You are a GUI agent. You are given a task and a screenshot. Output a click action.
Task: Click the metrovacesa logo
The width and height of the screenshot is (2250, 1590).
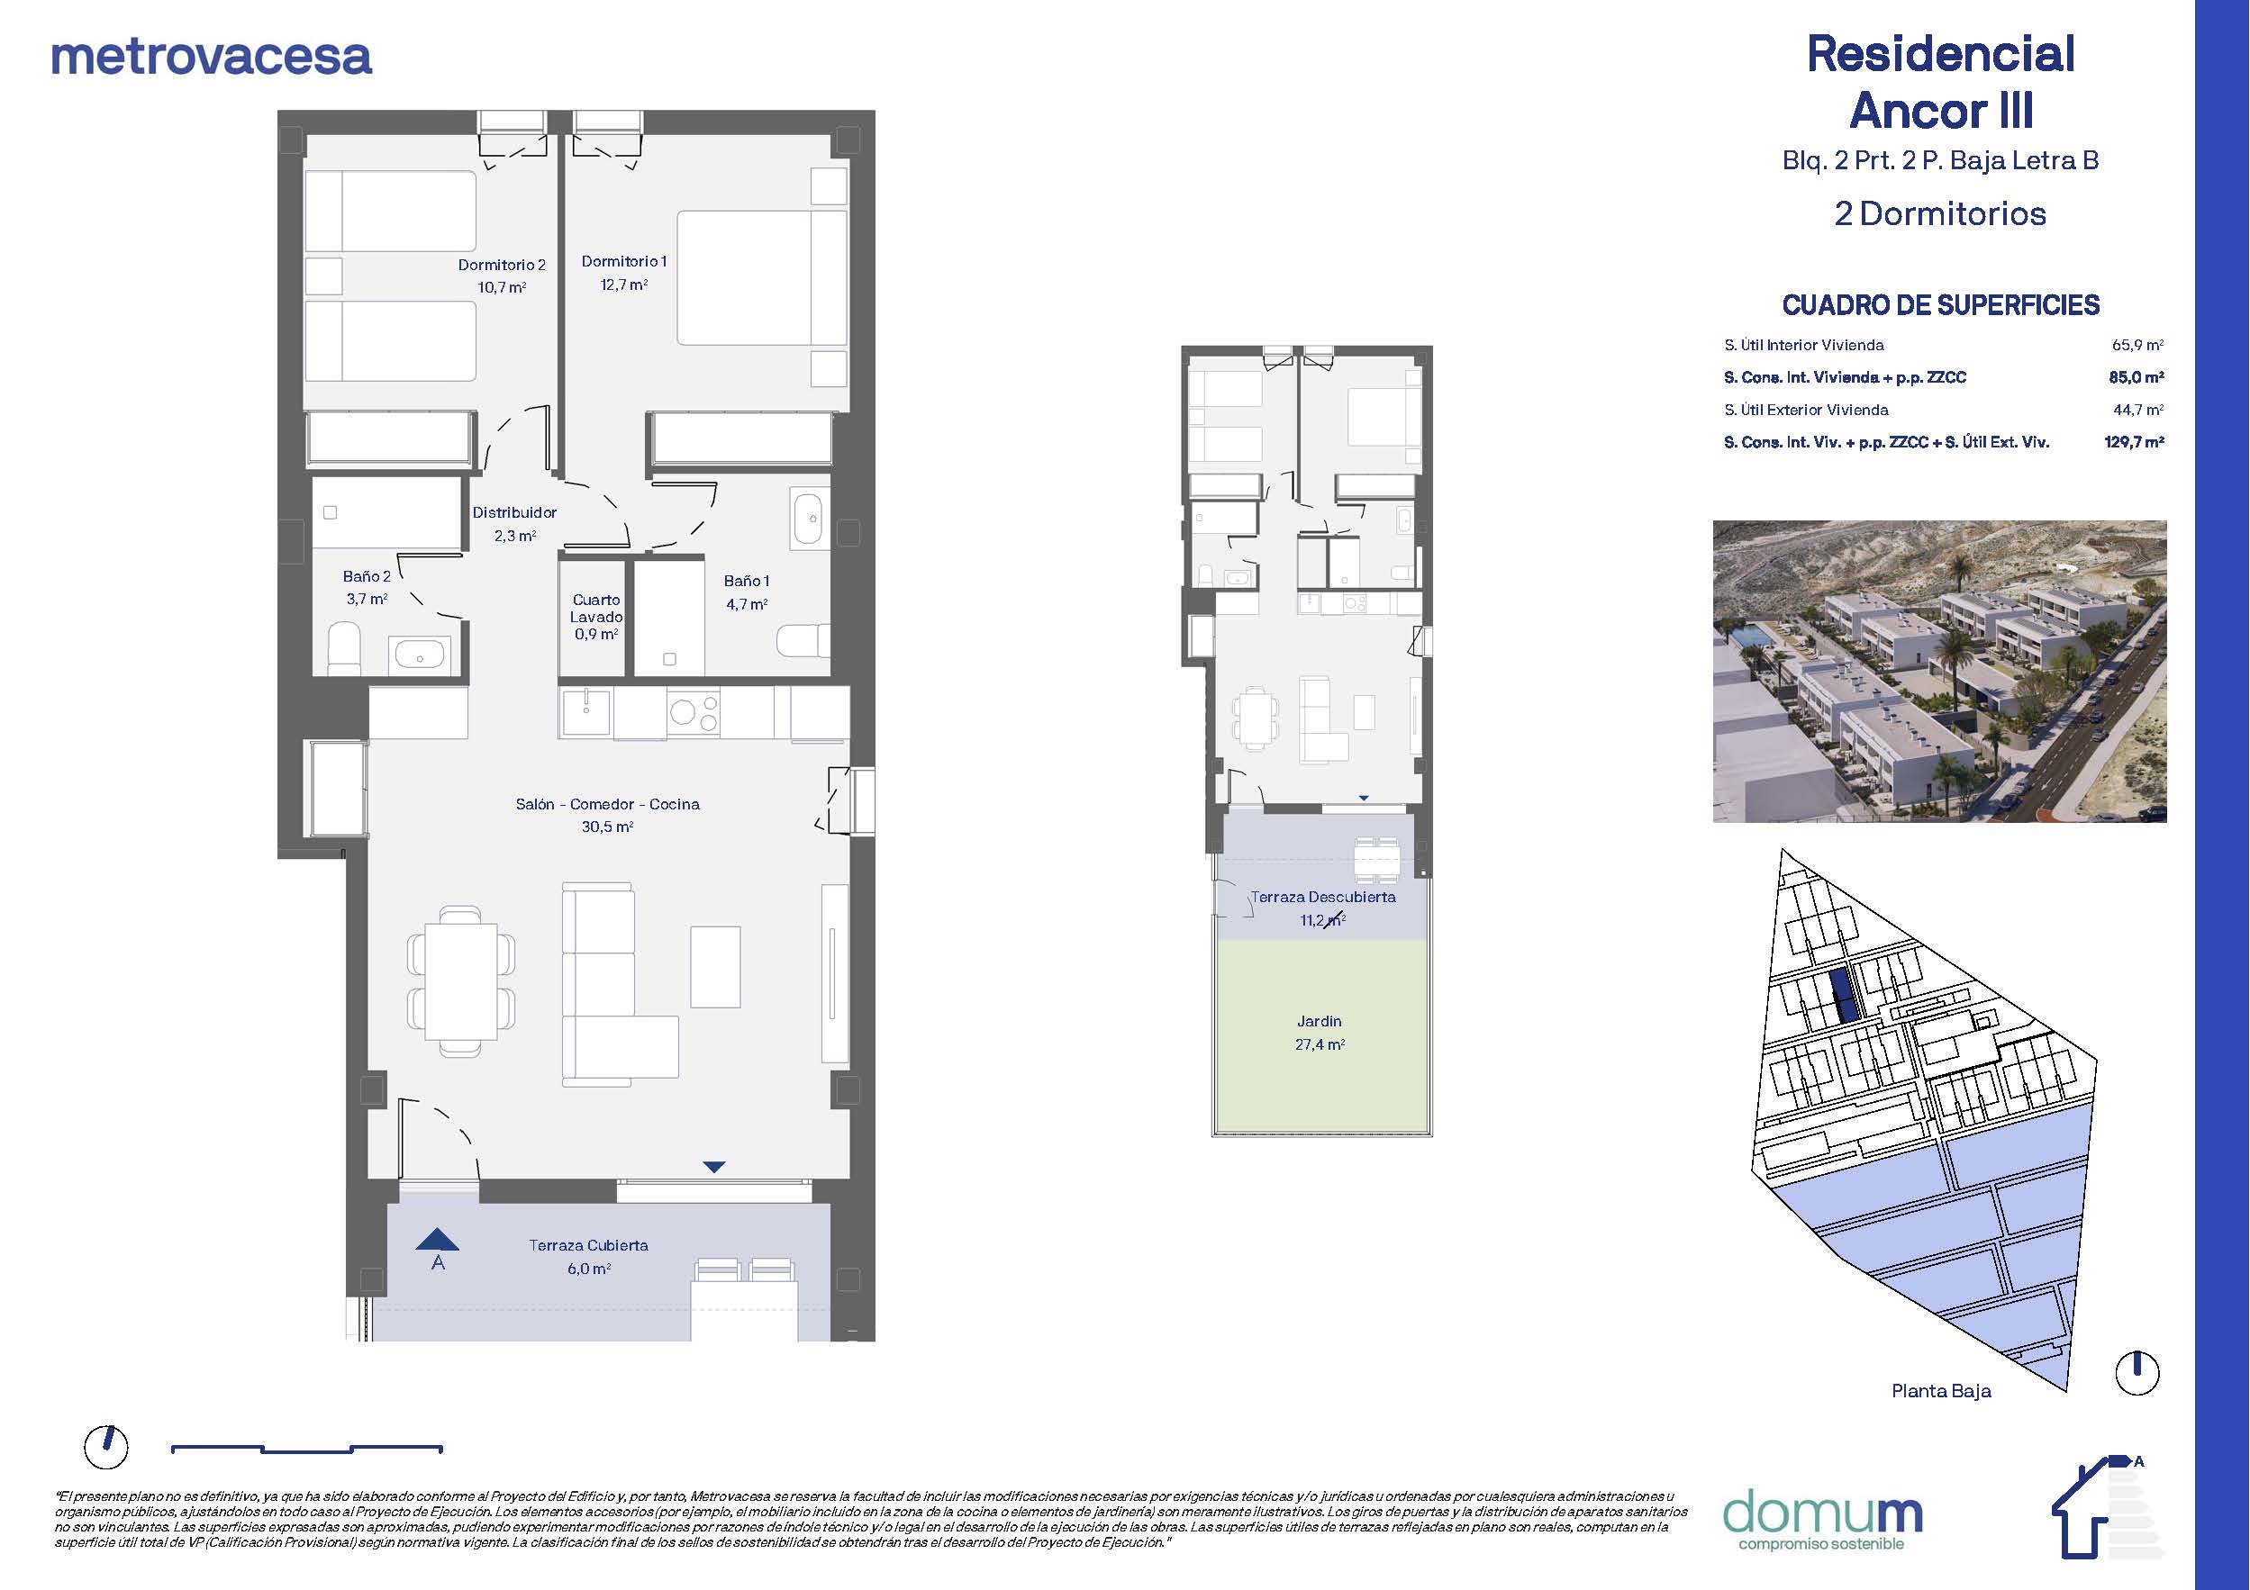click(211, 57)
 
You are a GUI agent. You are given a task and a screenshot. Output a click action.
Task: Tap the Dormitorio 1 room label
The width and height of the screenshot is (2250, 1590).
click(623, 262)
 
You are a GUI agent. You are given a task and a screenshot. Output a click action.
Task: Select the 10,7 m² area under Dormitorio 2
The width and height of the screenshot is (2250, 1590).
click(502, 287)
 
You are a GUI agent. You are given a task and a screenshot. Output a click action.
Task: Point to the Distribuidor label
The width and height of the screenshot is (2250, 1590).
click(514, 512)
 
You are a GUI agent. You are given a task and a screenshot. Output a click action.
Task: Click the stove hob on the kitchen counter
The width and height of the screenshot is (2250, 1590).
click(693, 712)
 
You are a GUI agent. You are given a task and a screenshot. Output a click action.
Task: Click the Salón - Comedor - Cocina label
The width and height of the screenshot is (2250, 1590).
click(608, 804)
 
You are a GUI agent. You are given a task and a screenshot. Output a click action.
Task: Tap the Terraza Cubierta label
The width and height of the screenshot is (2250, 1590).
click(588, 1245)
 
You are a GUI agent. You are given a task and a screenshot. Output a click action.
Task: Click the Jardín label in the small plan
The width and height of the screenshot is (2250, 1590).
click(1319, 1021)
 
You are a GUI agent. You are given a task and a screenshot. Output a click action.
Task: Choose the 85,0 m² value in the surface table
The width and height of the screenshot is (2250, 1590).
click(2137, 377)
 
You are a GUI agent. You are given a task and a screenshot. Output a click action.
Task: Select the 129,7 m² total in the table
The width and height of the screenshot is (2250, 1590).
click(2135, 442)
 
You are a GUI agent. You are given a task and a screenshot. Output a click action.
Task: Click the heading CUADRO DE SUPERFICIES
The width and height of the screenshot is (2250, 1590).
click(1940, 305)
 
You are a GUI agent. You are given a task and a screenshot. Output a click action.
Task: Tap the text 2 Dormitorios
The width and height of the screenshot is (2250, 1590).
click(1940, 213)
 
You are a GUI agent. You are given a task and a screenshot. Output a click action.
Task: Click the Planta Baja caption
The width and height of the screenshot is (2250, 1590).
click(1940, 1391)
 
